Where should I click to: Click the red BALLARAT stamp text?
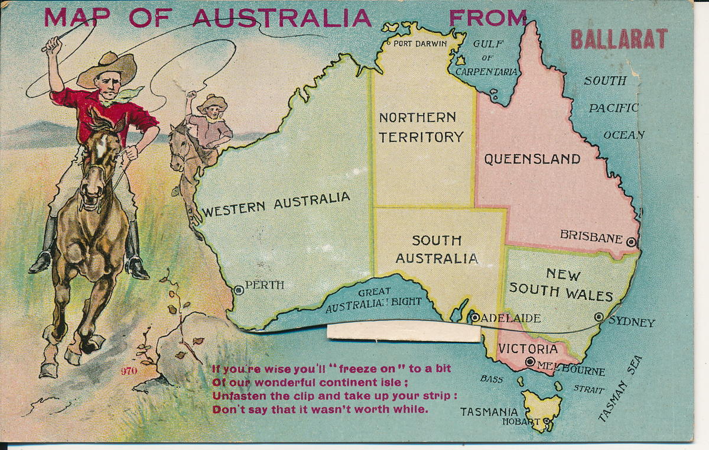619,39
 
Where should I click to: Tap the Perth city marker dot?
239,290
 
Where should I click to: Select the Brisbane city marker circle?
631,241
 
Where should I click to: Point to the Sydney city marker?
599,317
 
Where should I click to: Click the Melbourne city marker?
530,362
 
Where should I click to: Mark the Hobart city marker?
547,421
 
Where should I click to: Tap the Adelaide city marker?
475,318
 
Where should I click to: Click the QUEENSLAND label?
532,159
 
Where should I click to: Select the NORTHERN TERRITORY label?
421,127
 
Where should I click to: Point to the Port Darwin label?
420,43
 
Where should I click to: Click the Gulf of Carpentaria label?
488,57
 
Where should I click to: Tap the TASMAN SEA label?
620,389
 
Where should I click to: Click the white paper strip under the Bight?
404,332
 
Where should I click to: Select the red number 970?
129,371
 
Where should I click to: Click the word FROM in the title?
487,18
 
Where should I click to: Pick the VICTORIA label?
527,349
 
